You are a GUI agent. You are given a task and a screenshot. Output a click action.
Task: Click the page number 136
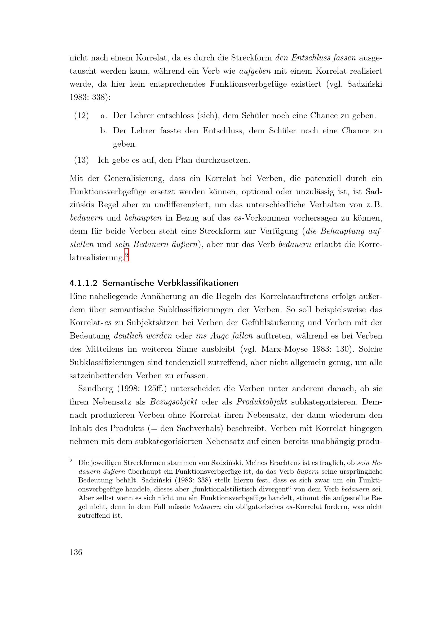tap(76, 552)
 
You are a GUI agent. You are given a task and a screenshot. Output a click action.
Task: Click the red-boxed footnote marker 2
tap(126, 256)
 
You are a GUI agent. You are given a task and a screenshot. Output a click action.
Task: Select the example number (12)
tap(81, 116)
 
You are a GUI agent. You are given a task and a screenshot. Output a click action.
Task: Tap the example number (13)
tap(81, 160)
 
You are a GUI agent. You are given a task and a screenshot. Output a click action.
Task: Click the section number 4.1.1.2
tap(83, 283)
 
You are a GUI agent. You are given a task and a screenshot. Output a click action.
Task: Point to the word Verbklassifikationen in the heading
tap(198, 283)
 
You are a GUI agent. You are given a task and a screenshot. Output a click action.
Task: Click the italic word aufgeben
tap(255, 71)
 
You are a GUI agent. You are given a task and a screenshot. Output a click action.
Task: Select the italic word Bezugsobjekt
tap(174, 402)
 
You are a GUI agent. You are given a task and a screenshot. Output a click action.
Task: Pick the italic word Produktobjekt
tap(262, 402)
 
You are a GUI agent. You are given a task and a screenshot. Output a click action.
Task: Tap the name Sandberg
tap(96, 389)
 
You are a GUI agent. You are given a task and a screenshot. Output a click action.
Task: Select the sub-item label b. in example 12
tap(104, 131)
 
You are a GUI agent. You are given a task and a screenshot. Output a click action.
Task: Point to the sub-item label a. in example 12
tap(104, 116)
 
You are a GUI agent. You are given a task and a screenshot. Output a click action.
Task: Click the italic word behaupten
tap(143, 218)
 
